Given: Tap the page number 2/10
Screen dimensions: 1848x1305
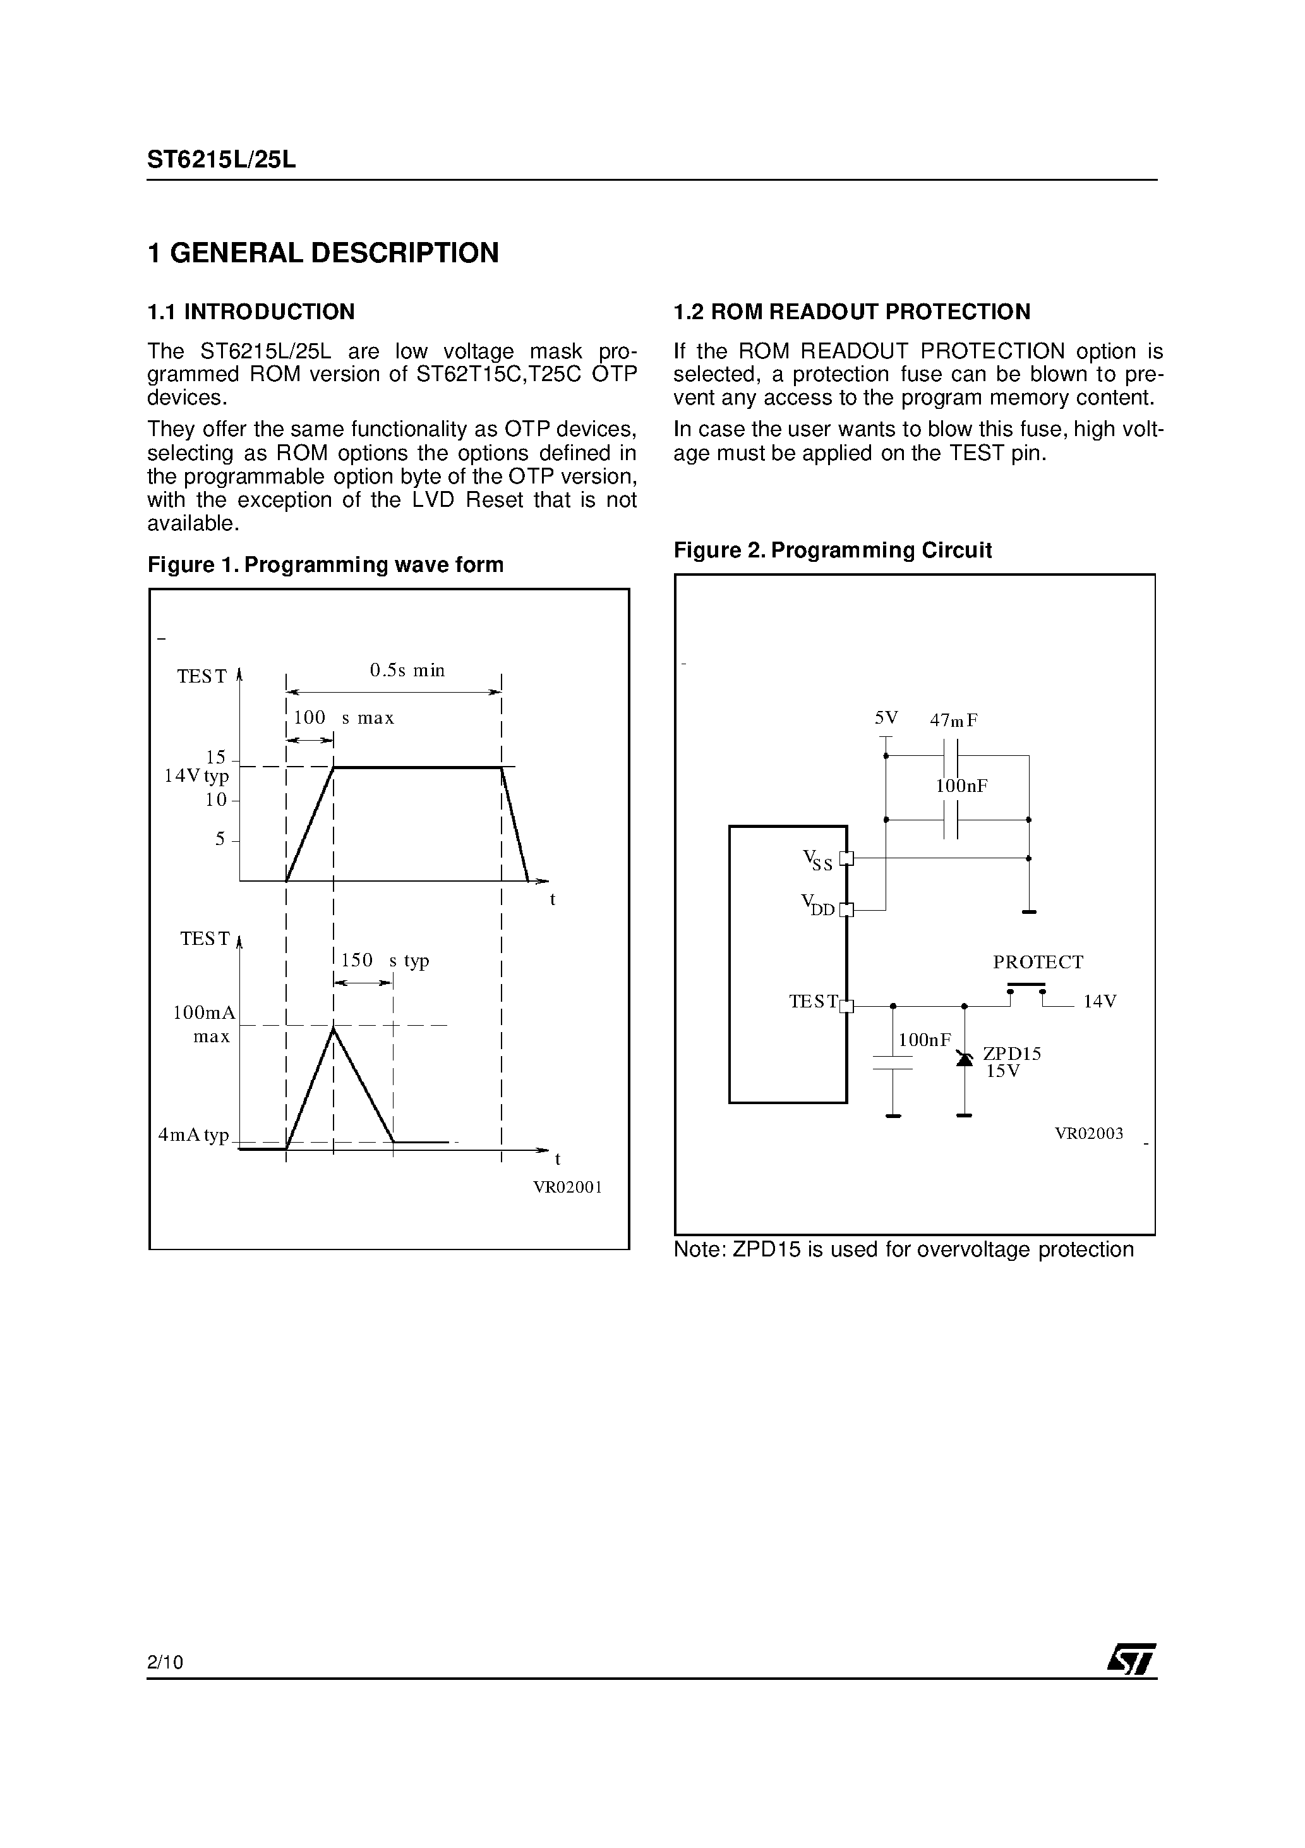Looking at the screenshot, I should coord(165,1662).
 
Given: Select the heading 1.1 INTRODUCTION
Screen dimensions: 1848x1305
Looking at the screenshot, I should coord(250,312).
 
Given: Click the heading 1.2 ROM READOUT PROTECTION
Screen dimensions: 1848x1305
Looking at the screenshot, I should coord(851,312).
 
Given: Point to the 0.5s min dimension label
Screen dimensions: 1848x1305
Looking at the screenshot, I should coord(407,671).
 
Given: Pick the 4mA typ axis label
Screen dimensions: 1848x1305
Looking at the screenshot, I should coord(194,1135).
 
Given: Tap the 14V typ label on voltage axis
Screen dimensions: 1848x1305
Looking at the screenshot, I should coord(197,776).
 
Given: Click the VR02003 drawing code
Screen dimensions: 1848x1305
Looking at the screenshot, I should coord(1088,1133).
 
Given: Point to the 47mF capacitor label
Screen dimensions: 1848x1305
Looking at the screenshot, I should coord(953,720).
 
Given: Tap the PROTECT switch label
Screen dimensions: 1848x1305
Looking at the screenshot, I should coord(1038,962).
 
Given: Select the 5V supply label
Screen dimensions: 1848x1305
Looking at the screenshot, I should coord(886,717).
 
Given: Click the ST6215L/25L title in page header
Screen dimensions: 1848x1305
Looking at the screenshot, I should coord(221,160).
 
